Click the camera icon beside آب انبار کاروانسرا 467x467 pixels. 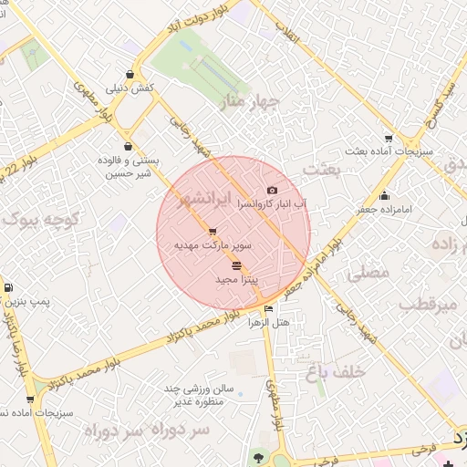271,190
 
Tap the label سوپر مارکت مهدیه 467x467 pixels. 213,245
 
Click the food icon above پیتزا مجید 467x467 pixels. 237,265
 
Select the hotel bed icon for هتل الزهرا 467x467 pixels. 267,310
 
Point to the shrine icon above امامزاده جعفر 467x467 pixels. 384,195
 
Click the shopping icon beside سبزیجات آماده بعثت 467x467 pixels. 389,139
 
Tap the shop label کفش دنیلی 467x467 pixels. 131,88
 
